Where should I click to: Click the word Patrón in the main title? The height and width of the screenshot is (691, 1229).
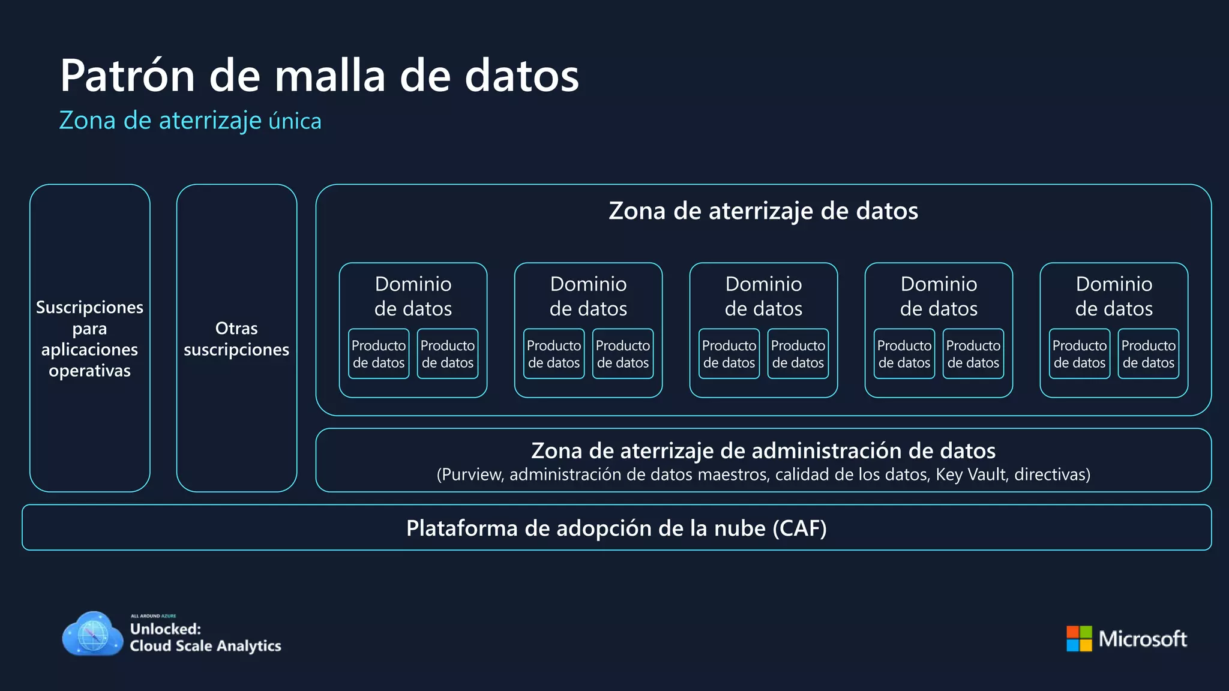pos(128,76)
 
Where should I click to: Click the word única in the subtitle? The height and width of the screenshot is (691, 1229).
pos(295,121)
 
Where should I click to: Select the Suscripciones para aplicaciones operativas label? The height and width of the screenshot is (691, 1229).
pos(90,339)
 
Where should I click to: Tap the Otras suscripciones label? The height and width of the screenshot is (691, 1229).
pos(236,339)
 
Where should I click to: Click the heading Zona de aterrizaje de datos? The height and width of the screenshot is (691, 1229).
pos(763,211)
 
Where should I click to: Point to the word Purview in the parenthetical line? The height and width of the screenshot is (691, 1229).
pos(473,475)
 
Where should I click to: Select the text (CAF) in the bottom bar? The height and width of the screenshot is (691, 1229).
pos(799,528)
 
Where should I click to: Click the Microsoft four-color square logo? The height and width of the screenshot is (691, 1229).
pos(1079,639)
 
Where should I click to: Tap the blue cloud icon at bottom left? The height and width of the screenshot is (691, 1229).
pos(92,635)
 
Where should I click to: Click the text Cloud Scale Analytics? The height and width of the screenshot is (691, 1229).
pos(205,646)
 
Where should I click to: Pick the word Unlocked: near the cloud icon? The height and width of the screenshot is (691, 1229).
pos(166,629)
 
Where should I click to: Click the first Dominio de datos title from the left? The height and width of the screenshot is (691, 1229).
pos(413,296)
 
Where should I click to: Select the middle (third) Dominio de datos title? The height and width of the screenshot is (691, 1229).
pos(763,296)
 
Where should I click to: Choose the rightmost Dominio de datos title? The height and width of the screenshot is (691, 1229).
pos(1114,296)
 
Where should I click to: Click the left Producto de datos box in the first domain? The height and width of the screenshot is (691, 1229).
pos(379,354)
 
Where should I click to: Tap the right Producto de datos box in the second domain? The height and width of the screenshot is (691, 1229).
pos(623,354)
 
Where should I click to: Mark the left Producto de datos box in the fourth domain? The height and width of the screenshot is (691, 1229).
pos(904,354)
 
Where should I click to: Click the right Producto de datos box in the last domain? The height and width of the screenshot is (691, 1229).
pos(1149,354)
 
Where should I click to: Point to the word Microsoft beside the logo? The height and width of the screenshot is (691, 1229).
pos(1143,639)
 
